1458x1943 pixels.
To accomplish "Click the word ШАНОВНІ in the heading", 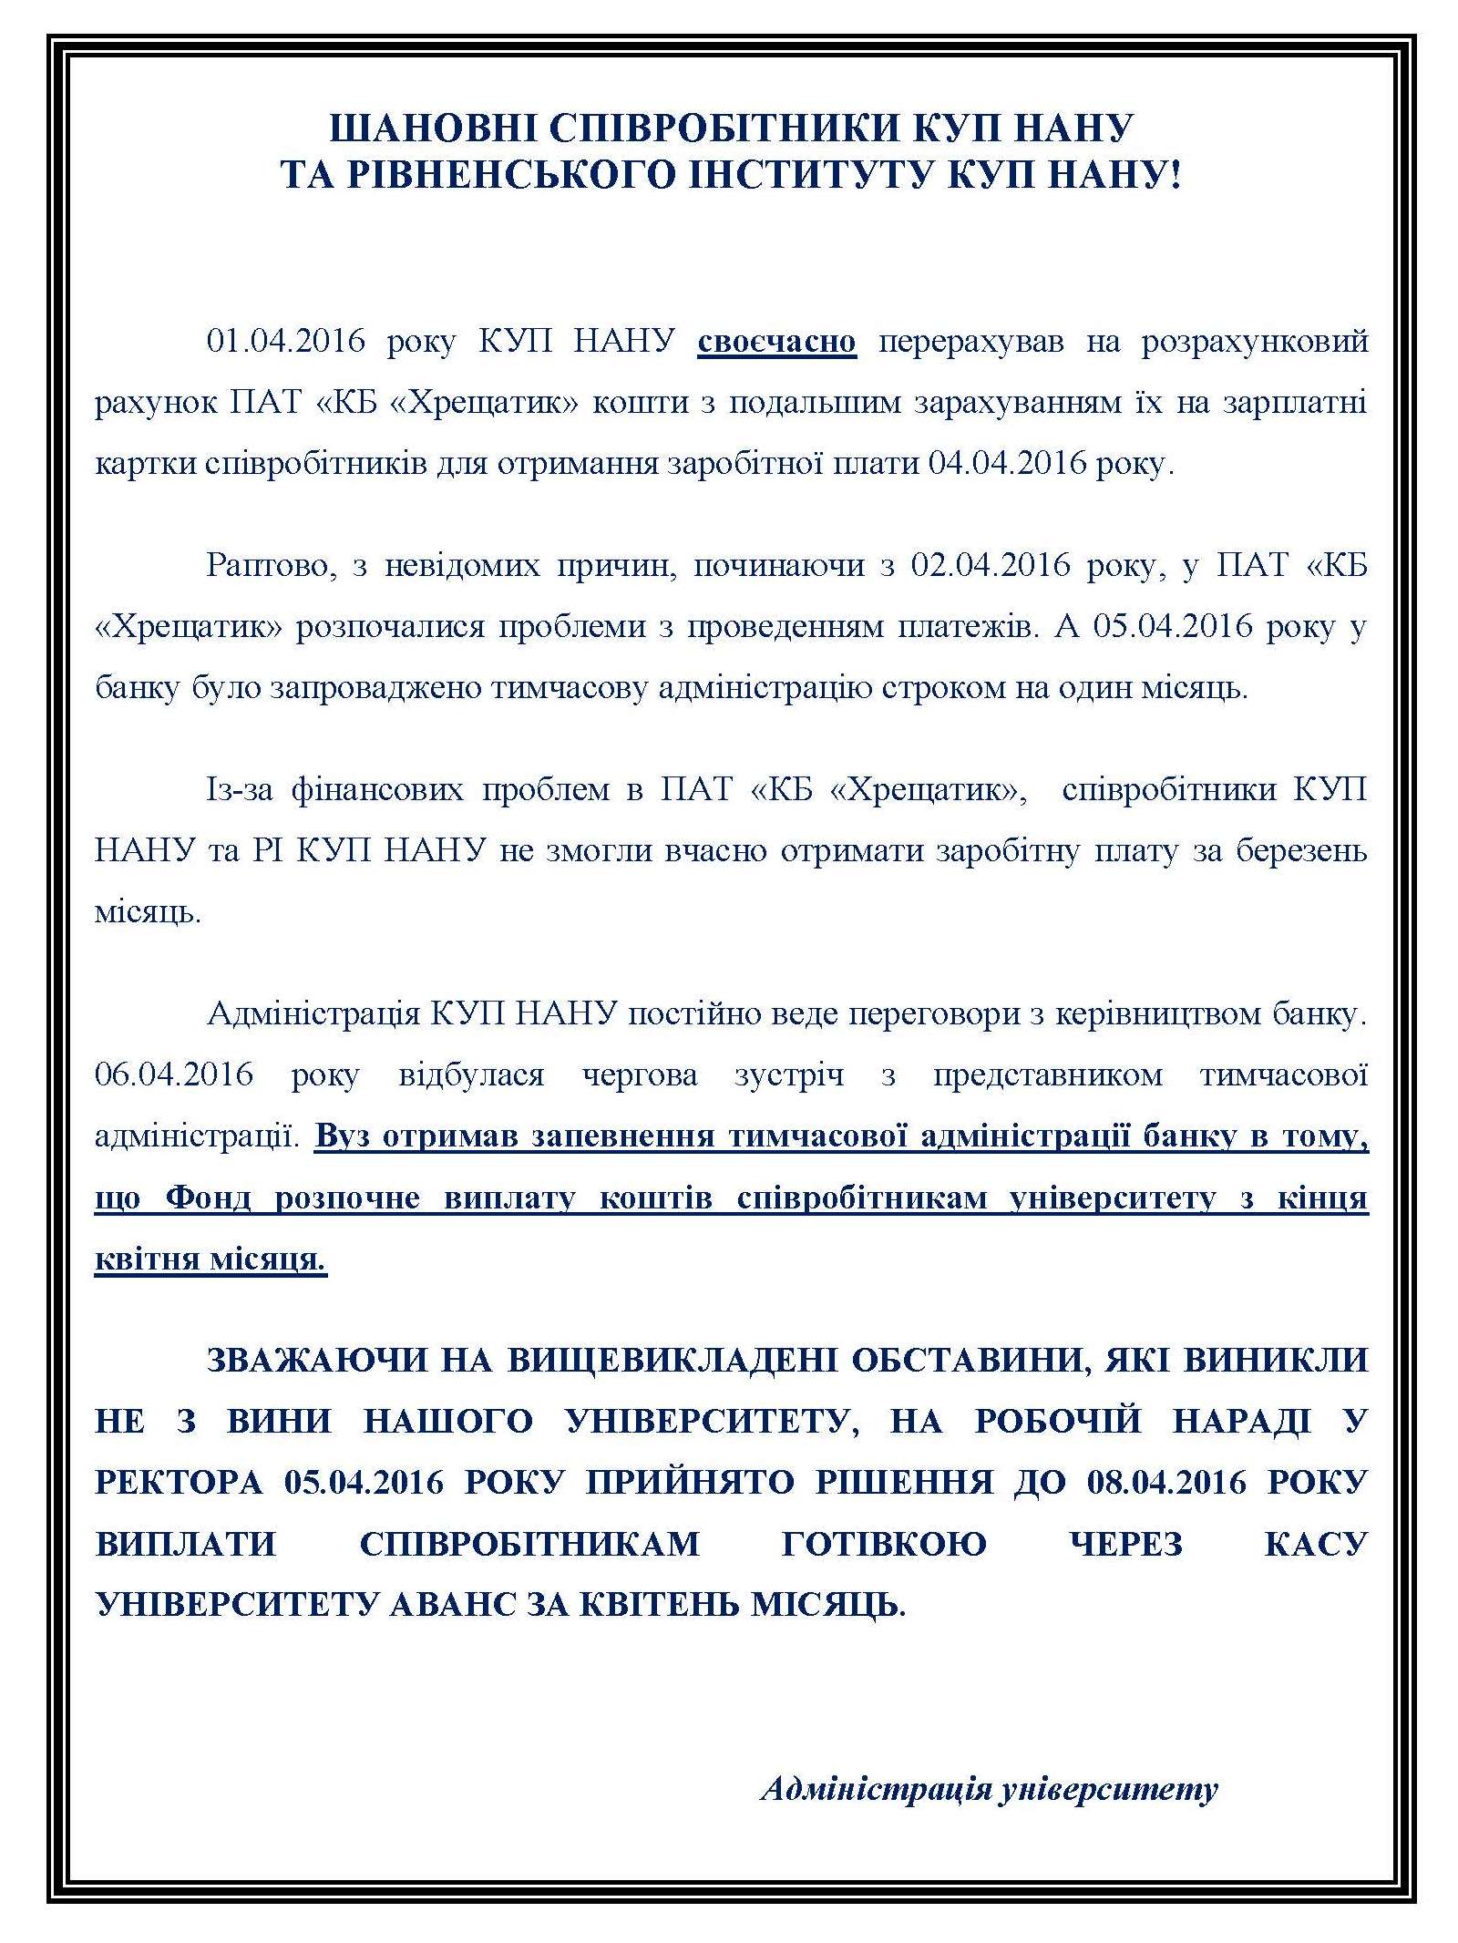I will tap(429, 128).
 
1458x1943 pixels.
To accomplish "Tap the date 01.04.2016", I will tap(285, 342).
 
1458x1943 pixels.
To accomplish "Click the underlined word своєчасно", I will tap(776, 342).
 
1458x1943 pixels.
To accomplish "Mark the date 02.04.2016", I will tap(991, 565).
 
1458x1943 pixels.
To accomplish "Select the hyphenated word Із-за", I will tap(240, 789).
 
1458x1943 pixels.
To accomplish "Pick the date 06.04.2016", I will tap(174, 1074).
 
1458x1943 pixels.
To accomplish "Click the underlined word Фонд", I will tap(208, 1198).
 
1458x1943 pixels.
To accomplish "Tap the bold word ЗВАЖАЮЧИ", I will tap(316, 1360).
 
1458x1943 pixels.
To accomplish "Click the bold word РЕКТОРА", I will tap(179, 1482).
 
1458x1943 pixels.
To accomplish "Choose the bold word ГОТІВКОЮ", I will tap(884, 1544).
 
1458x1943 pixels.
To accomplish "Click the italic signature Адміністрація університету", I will tap(989, 1788).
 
